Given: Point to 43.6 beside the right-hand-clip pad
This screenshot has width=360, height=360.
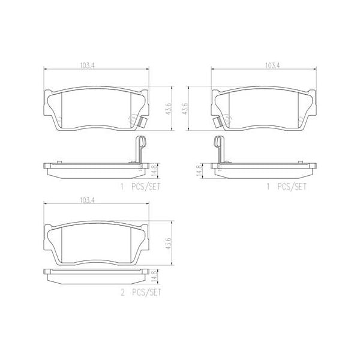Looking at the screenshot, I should pyautogui.click(x=169, y=107).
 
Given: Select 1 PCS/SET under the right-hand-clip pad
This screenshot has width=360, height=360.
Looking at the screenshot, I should pyautogui.click(x=142, y=186).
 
